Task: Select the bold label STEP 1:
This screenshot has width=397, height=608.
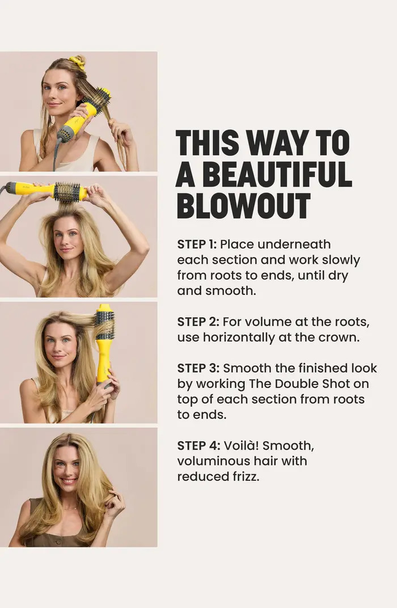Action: coord(196,244)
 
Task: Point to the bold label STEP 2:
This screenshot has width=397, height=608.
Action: coord(197,322)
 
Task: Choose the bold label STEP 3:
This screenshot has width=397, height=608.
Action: coord(197,368)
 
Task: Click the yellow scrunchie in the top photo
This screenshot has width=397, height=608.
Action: coord(77,62)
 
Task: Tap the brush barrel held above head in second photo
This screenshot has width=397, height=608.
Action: coord(67,192)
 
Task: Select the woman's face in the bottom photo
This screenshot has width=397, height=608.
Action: coord(67,468)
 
